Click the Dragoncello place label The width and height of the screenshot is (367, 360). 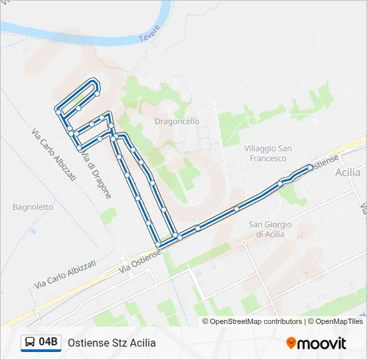[177, 121]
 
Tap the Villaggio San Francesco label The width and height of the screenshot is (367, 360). [266, 153]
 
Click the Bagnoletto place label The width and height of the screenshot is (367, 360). [33, 207]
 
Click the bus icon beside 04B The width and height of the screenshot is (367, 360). [31, 343]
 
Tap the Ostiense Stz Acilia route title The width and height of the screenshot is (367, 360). [111, 343]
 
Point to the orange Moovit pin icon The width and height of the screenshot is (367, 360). [291, 343]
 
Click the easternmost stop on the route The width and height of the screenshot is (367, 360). [310, 167]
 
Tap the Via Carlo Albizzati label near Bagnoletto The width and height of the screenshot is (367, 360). [65, 274]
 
